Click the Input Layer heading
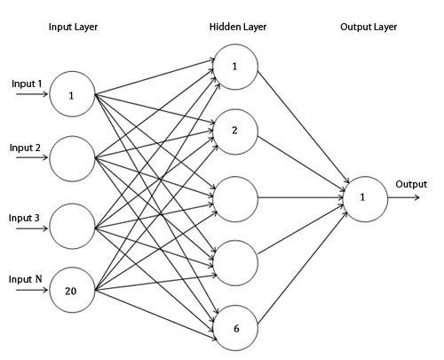pos(73,28)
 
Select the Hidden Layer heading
pos(238,27)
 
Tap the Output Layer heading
pos(369,28)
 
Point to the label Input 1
pos(27,84)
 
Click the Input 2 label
pos(25,148)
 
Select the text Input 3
pos(24,218)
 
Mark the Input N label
pos(26,279)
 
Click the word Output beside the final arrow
pos(411,184)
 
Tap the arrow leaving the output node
pos(404,197)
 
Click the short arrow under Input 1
pos(32,94)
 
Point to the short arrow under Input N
pos(32,290)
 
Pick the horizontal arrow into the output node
pos(300,197)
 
